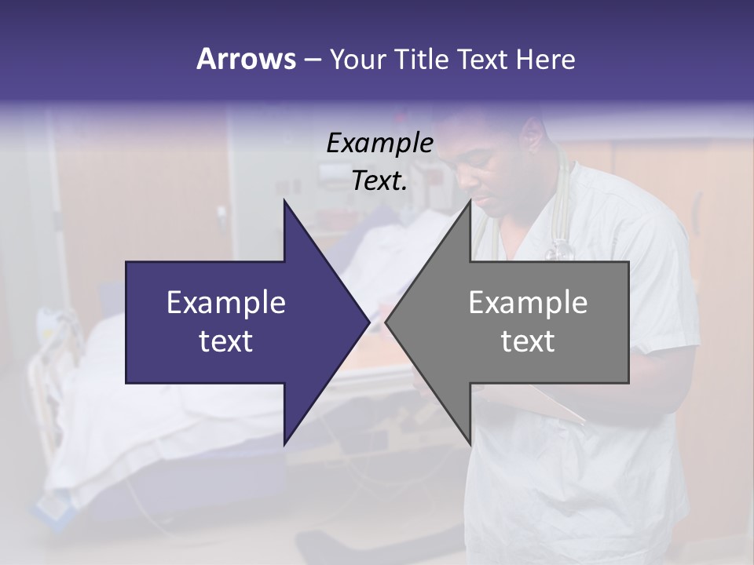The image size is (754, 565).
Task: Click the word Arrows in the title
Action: pos(246,59)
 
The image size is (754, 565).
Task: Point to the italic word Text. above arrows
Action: pos(379,181)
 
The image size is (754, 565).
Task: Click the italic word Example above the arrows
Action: pos(379,144)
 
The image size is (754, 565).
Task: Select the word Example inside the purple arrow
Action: pos(226,302)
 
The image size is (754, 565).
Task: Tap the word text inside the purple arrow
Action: pos(226,341)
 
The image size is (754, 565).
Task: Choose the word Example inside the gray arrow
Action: pos(528,302)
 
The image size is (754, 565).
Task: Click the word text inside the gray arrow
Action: pos(528,341)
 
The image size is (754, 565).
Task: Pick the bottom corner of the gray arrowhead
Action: pos(470,443)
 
